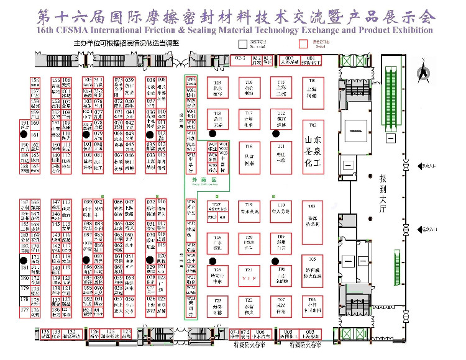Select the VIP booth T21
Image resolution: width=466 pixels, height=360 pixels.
coord(249,278)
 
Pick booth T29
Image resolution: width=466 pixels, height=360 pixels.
coord(217,89)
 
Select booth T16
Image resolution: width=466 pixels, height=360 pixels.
coord(249,89)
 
